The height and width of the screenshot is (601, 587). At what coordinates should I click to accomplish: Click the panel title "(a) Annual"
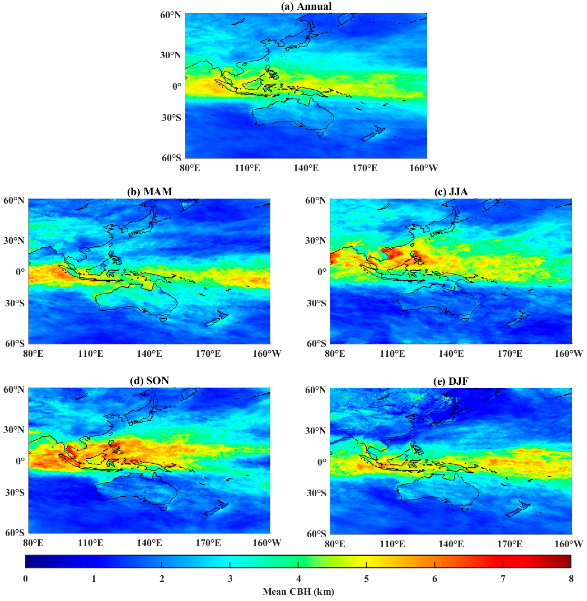306,6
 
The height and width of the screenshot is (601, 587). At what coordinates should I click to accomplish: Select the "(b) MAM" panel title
150,192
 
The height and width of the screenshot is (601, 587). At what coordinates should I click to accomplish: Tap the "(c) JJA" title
451,192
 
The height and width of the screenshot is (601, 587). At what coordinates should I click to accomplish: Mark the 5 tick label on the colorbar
366,579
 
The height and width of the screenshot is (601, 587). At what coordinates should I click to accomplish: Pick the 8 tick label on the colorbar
571,579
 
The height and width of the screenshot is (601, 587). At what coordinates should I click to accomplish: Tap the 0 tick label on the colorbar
25,579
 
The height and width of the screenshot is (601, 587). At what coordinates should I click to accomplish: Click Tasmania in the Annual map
320,134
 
